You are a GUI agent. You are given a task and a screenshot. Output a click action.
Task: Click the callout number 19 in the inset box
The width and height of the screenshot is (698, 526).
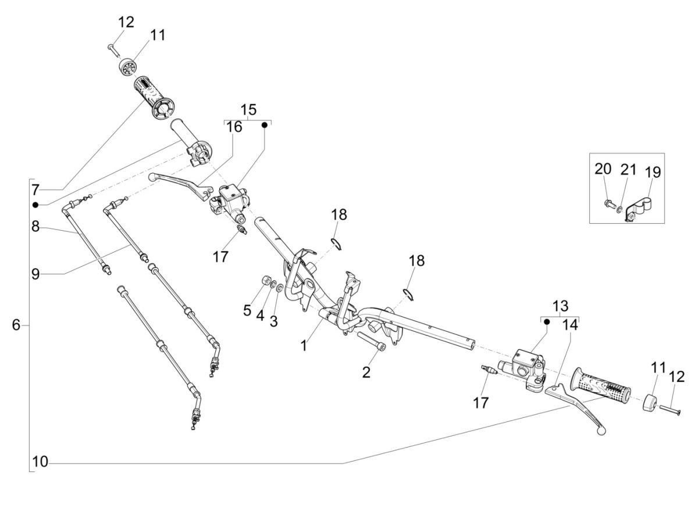point(653,172)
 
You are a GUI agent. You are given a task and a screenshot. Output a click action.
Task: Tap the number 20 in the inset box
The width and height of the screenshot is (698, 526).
point(603,169)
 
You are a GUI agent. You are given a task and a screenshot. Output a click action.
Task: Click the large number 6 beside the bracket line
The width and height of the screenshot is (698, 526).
point(16,325)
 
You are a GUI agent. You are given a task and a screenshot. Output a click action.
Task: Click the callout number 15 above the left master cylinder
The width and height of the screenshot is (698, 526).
point(248,109)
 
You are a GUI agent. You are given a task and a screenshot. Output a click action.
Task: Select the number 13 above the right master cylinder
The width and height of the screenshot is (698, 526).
point(560,306)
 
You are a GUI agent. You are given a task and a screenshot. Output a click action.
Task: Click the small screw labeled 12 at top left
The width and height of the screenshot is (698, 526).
point(112,49)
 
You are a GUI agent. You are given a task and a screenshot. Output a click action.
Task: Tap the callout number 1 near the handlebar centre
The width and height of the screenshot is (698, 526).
point(303,346)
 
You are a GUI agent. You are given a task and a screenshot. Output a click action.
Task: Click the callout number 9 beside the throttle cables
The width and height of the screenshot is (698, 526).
point(35,273)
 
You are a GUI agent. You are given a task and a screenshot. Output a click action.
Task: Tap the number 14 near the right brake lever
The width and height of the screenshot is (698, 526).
point(571,325)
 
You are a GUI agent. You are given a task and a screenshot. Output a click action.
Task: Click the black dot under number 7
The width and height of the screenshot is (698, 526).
point(35,205)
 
